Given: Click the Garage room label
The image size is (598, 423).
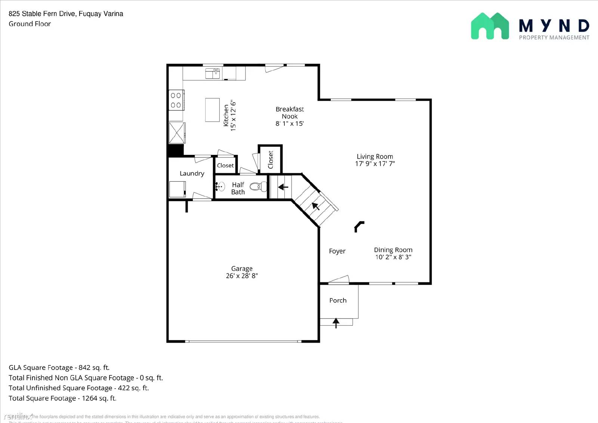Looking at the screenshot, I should (242, 269).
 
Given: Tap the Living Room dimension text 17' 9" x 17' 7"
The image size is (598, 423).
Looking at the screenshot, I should (375, 163).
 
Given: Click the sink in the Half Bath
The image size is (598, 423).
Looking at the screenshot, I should (221, 186).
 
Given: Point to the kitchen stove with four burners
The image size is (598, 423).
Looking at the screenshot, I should (176, 100).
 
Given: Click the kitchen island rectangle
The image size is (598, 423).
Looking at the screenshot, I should (212, 110).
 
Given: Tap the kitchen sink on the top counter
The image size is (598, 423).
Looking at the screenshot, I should (213, 73).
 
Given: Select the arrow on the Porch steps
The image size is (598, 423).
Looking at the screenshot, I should (336, 322).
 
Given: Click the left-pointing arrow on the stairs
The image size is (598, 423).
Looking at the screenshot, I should (283, 187).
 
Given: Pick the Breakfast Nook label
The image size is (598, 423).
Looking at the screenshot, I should (290, 113).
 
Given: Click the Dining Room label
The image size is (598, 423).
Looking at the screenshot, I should (393, 250).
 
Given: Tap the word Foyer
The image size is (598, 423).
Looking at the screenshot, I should (337, 251).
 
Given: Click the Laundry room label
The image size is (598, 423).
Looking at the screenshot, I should (192, 174).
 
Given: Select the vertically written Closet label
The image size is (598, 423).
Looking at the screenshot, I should (271, 160).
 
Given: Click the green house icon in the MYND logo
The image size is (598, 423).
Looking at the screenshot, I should (490, 26).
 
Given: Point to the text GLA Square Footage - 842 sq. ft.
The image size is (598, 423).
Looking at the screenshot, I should (59, 368).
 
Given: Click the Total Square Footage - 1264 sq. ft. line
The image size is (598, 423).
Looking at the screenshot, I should (62, 398).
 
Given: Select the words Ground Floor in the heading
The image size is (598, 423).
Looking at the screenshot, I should (30, 24).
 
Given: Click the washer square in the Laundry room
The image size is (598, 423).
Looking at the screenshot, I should (177, 189).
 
